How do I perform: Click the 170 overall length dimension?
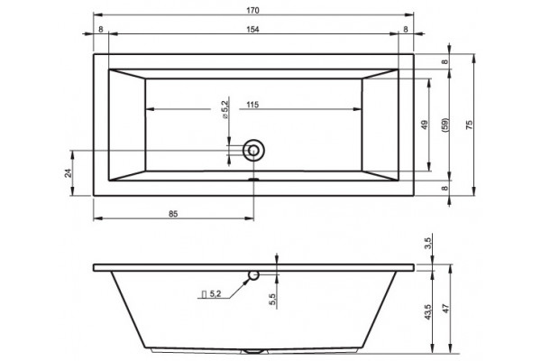tap(252, 10)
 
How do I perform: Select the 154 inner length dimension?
tap(252, 30)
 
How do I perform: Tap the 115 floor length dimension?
tap(252, 105)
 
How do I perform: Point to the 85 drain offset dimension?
tap(173, 214)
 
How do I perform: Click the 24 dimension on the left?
tap(69, 173)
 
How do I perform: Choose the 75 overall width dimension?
tap(469, 125)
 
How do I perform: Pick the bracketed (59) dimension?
tap(445, 125)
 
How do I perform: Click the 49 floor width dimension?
tap(425, 125)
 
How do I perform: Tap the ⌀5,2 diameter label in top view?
tap(225, 110)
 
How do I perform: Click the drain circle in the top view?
tap(253, 151)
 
